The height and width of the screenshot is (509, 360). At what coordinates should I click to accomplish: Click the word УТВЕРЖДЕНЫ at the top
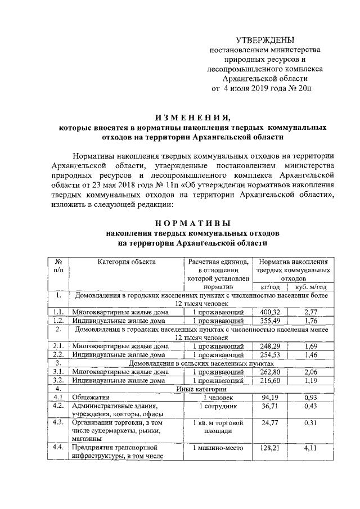click(x=264, y=40)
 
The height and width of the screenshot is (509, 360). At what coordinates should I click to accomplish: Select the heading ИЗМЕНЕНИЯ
click(x=193, y=117)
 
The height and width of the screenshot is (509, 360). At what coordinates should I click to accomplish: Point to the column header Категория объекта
click(x=127, y=261)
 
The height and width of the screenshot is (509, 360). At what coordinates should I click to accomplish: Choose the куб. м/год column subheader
click(x=308, y=286)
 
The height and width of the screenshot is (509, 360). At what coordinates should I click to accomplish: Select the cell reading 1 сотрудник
click(x=215, y=406)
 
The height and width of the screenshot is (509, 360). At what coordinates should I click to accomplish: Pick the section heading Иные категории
click(x=201, y=389)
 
